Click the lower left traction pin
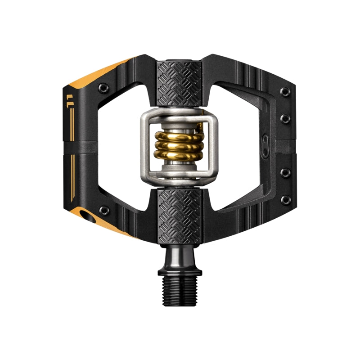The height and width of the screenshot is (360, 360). pyautogui.click(x=104, y=209)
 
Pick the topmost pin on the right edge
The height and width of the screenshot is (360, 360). pyautogui.click(x=284, y=92)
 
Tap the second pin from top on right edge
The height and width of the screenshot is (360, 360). pyautogui.click(x=284, y=119)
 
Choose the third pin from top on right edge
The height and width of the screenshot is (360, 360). pyautogui.click(x=284, y=172)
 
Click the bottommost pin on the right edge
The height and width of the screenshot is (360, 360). pyautogui.click(x=284, y=199)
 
